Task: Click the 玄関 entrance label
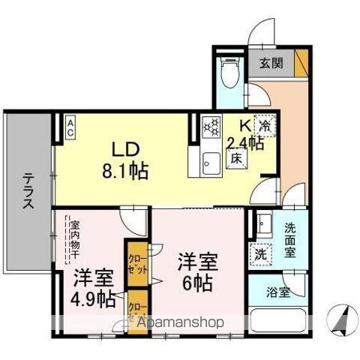tap(271, 62)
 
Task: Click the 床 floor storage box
tap(234, 158)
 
